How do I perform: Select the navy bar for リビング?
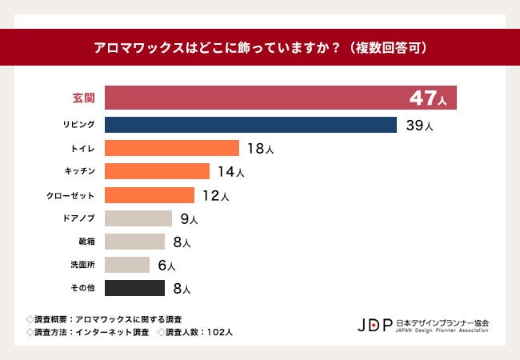tap(250, 125)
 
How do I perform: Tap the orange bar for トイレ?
tap(172, 148)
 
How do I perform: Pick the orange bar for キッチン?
tap(157, 171)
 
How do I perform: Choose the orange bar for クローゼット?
tap(150, 195)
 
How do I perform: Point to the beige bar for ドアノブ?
tap(138, 218)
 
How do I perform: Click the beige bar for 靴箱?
tap(135, 242)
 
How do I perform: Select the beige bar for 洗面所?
tap(127, 265)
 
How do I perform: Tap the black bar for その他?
tap(135, 288)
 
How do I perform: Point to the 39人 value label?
tap(419, 126)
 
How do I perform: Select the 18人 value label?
tap(261, 149)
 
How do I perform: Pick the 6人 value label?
tap(166, 266)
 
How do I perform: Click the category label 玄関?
tap(84, 98)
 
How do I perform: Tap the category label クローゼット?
tap(73, 195)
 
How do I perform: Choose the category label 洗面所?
tap(84, 265)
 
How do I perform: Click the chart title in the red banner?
tap(260, 47)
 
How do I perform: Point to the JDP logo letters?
tap(375, 325)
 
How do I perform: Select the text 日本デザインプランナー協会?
tap(442, 322)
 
